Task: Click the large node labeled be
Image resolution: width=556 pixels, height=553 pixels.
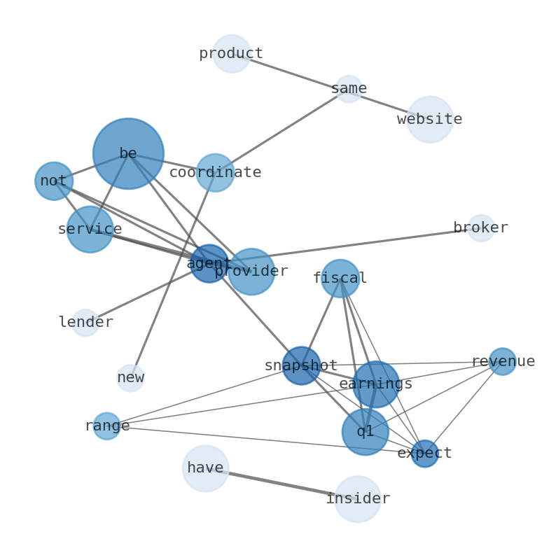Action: coord(128,153)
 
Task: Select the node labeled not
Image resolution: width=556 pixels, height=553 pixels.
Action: coord(54,181)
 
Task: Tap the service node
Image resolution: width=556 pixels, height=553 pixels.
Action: coord(90,230)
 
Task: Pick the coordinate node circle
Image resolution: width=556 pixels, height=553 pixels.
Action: coord(215,173)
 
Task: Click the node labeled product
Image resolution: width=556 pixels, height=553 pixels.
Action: coord(232,54)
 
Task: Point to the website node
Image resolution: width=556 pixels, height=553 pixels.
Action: coord(430,120)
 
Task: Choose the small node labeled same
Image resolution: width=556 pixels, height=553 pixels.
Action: coord(349,89)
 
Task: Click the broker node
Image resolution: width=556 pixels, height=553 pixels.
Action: coord(481,228)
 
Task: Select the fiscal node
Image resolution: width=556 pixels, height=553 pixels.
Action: coord(340,279)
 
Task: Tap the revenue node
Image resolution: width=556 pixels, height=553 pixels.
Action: coord(503,362)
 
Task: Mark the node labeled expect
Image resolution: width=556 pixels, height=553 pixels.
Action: coord(424,454)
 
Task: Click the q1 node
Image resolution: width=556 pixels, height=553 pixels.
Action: coord(366,432)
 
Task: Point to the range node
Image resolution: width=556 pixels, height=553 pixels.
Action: coord(107,426)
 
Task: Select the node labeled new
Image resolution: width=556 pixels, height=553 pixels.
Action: coord(131,378)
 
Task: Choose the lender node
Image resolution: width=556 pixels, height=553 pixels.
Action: coord(85,323)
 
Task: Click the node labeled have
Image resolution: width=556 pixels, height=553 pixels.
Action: coord(206,468)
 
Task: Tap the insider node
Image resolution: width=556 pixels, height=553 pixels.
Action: coord(358,499)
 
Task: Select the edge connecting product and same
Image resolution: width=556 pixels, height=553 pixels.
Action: coord(291,71)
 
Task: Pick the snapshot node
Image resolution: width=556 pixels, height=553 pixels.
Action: coord(301,366)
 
